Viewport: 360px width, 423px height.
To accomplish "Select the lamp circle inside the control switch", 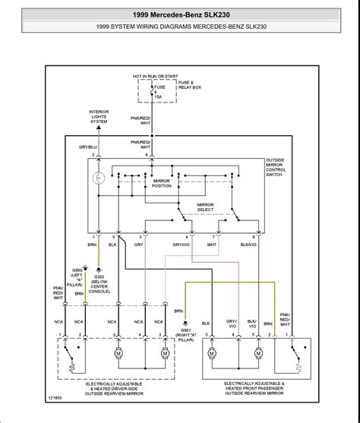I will [x=97, y=179].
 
